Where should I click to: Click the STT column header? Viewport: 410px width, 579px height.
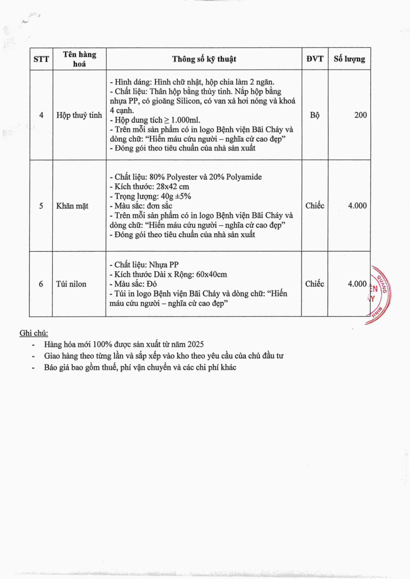[41, 59]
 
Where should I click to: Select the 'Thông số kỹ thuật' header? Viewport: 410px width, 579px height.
[204, 59]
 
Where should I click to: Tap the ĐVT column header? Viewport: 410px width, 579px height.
[315, 58]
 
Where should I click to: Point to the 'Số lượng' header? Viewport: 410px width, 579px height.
[350, 58]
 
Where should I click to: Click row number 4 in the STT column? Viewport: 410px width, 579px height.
[41, 115]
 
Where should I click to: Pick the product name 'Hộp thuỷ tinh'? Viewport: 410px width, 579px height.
[79, 115]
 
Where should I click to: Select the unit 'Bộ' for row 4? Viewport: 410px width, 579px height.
[315, 115]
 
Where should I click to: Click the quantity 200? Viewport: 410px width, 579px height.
[360, 115]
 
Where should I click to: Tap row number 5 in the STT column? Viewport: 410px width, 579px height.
[41, 205]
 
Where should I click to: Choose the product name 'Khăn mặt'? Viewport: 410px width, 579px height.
[72, 205]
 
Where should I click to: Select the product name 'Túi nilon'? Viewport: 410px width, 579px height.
[72, 284]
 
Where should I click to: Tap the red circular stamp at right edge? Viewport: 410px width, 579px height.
[380, 295]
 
